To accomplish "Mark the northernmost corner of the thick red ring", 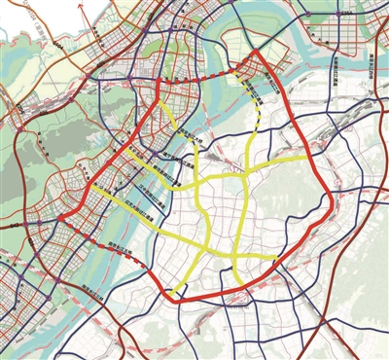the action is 255,51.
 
